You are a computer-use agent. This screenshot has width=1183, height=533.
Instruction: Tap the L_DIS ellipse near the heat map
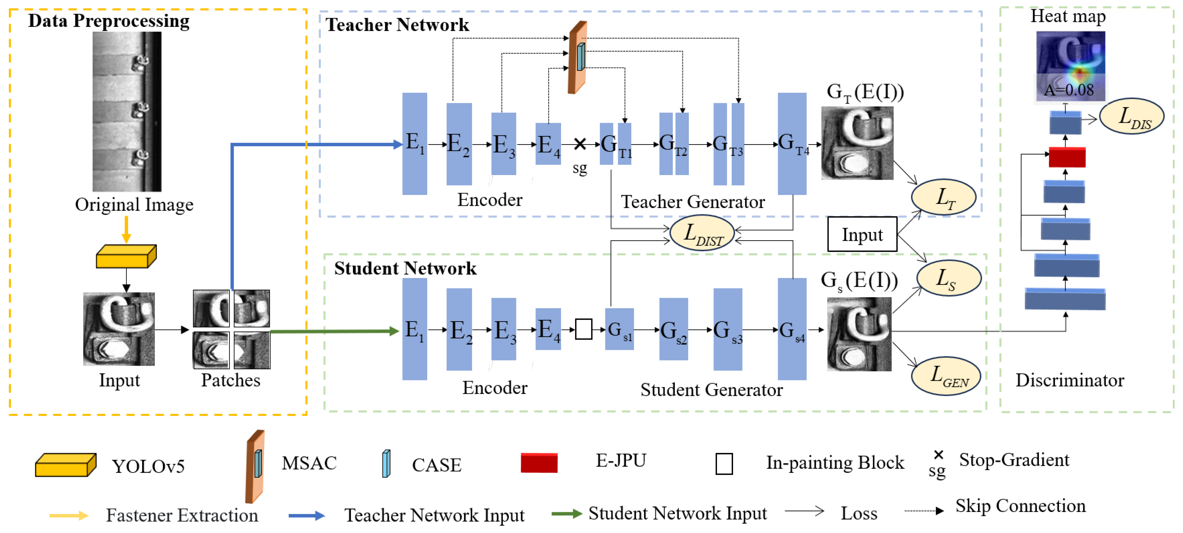point(1131,116)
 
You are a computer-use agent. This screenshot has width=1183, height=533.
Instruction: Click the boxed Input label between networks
point(862,234)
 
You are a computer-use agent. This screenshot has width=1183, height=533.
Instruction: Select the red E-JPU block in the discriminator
point(1067,157)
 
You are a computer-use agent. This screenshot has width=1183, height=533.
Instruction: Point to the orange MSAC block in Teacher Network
point(577,57)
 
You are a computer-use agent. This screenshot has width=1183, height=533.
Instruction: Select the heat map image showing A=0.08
point(1070,66)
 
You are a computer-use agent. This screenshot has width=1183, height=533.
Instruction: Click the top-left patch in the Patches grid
point(211,308)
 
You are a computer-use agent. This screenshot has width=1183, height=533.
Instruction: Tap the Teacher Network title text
point(397,25)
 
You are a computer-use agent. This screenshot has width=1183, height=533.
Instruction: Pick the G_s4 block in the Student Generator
point(792,329)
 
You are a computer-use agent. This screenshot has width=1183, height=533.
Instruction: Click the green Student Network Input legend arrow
point(567,513)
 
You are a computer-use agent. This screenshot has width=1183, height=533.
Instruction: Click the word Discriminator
point(1070,380)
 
